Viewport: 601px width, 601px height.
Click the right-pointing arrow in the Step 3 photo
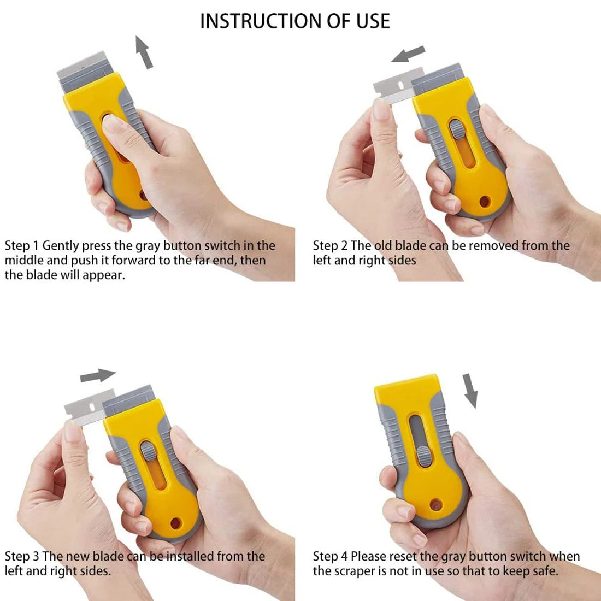pos(98,376)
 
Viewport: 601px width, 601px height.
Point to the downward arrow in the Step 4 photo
pos(470,391)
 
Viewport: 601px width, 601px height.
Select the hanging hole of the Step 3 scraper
pos(175,523)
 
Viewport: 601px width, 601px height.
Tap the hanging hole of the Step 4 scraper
pos(435,503)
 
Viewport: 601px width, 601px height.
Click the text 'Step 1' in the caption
pos(22,246)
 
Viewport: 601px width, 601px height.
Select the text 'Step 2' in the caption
pos(330,246)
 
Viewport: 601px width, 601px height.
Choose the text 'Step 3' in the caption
pos(22,557)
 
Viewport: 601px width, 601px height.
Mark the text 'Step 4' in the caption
pos(330,557)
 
